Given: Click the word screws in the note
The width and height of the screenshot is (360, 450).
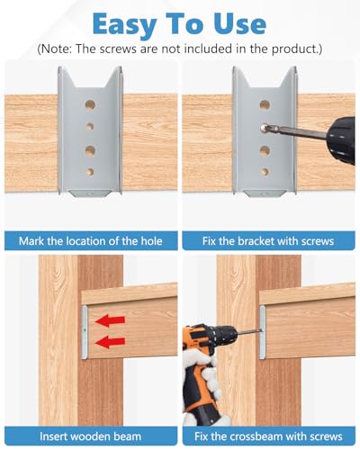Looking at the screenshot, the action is point(118,49).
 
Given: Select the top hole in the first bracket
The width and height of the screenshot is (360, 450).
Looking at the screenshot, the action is point(90,105).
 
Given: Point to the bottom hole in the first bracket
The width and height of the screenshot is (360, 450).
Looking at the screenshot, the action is point(90,172).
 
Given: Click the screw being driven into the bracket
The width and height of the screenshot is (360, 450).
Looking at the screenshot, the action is point(265,128).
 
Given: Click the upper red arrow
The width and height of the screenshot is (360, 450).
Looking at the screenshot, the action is point(110,320).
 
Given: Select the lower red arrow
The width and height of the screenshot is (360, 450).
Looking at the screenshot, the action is point(110,342).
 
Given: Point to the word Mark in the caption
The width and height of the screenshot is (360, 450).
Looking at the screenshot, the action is point(31,241).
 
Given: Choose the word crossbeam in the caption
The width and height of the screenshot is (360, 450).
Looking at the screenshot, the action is point(256,436).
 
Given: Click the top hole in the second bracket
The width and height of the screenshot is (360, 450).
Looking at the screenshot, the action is point(265,105).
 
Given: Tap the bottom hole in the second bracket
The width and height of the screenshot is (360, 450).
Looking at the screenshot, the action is point(265,172).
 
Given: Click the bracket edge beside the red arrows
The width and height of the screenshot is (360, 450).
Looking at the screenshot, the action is point(85,332).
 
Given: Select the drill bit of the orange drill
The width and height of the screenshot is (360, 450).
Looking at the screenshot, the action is point(249,331).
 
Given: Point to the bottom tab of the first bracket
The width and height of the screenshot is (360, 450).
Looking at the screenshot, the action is point(90,193).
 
